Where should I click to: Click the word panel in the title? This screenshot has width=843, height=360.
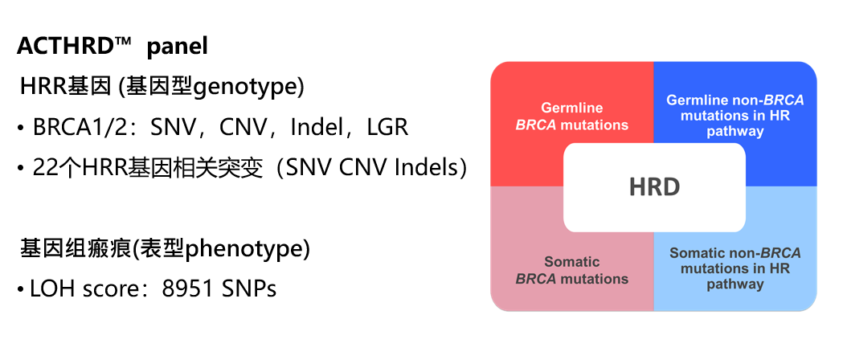coord(177,47)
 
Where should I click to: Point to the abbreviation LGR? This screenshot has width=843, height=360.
coord(387,127)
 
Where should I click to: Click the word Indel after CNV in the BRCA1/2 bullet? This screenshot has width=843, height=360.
coord(318,127)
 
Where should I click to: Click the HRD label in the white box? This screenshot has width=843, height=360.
coord(654,187)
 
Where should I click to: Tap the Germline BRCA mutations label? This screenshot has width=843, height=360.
coord(572,117)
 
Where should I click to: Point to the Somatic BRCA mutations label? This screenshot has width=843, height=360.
coord(572,270)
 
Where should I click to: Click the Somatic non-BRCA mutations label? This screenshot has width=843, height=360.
coord(735,268)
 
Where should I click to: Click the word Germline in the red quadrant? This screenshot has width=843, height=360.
coord(572,108)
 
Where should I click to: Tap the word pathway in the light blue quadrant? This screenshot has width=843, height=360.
coord(735,284)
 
